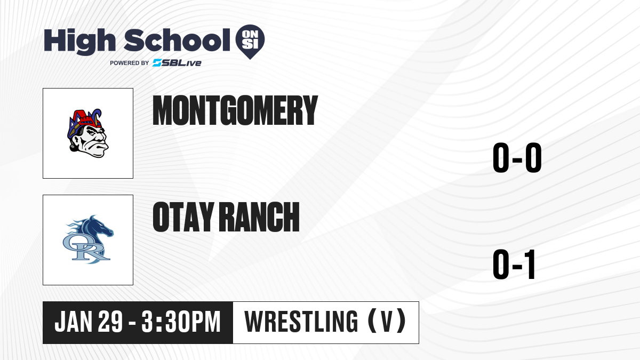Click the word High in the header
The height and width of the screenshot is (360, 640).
pos(79,41)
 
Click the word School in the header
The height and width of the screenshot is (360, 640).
pos(177,40)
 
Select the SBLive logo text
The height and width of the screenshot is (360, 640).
pos(177,63)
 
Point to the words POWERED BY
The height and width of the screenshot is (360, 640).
pos(130,63)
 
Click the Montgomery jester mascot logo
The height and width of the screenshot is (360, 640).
pos(87,133)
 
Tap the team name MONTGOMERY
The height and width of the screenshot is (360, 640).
pos(235,110)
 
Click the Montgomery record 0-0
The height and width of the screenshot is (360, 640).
pos(517,158)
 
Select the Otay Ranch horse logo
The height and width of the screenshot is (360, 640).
pos(88,239)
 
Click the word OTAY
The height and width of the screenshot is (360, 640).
pos(183,217)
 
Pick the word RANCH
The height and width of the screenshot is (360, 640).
pos(259,217)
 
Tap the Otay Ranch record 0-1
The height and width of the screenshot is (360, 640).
pos(514,265)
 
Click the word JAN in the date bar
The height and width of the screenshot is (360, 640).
pos(73,322)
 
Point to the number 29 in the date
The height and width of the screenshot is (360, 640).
pos(110,322)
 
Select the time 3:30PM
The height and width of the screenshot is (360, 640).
pos(181,322)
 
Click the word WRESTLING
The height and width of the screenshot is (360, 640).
pos(301,322)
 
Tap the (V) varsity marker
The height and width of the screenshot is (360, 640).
pos(387,321)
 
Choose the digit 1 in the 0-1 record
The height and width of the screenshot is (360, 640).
pos(530,265)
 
